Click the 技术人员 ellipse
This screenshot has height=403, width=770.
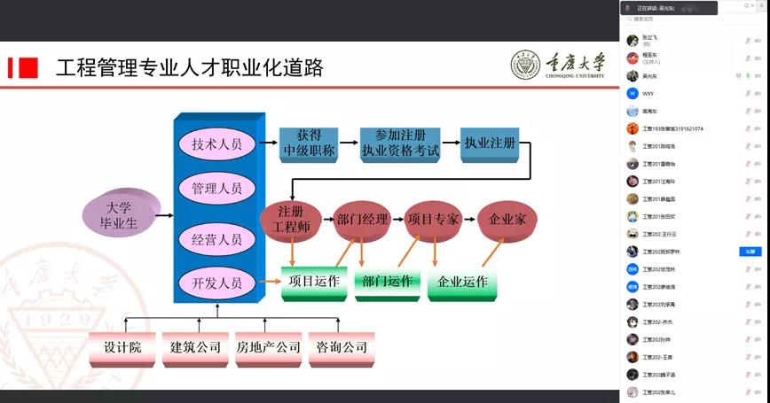(216, 143)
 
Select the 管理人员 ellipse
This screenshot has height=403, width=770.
(216, 188)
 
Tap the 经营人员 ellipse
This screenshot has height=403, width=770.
(216, 239)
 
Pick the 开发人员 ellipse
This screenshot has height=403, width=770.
(216, 283)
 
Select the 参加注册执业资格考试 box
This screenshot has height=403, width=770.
(400, 143)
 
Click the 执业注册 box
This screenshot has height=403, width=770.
(490, 143)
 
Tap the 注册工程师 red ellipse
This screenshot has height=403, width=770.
(290, 219)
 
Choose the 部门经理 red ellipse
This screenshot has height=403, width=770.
(363, 219)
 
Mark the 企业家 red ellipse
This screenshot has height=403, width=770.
(507, 219)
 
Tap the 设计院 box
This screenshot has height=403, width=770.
(122, 347)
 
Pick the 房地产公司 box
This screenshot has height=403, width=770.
(268, 347)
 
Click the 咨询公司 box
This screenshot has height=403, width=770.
(342, 347)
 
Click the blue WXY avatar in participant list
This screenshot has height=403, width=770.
(632, 93)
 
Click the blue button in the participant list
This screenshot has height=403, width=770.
(750, 252)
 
